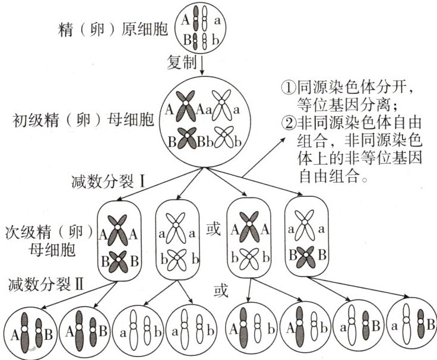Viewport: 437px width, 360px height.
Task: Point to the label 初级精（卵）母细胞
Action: tap(83, 122)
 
